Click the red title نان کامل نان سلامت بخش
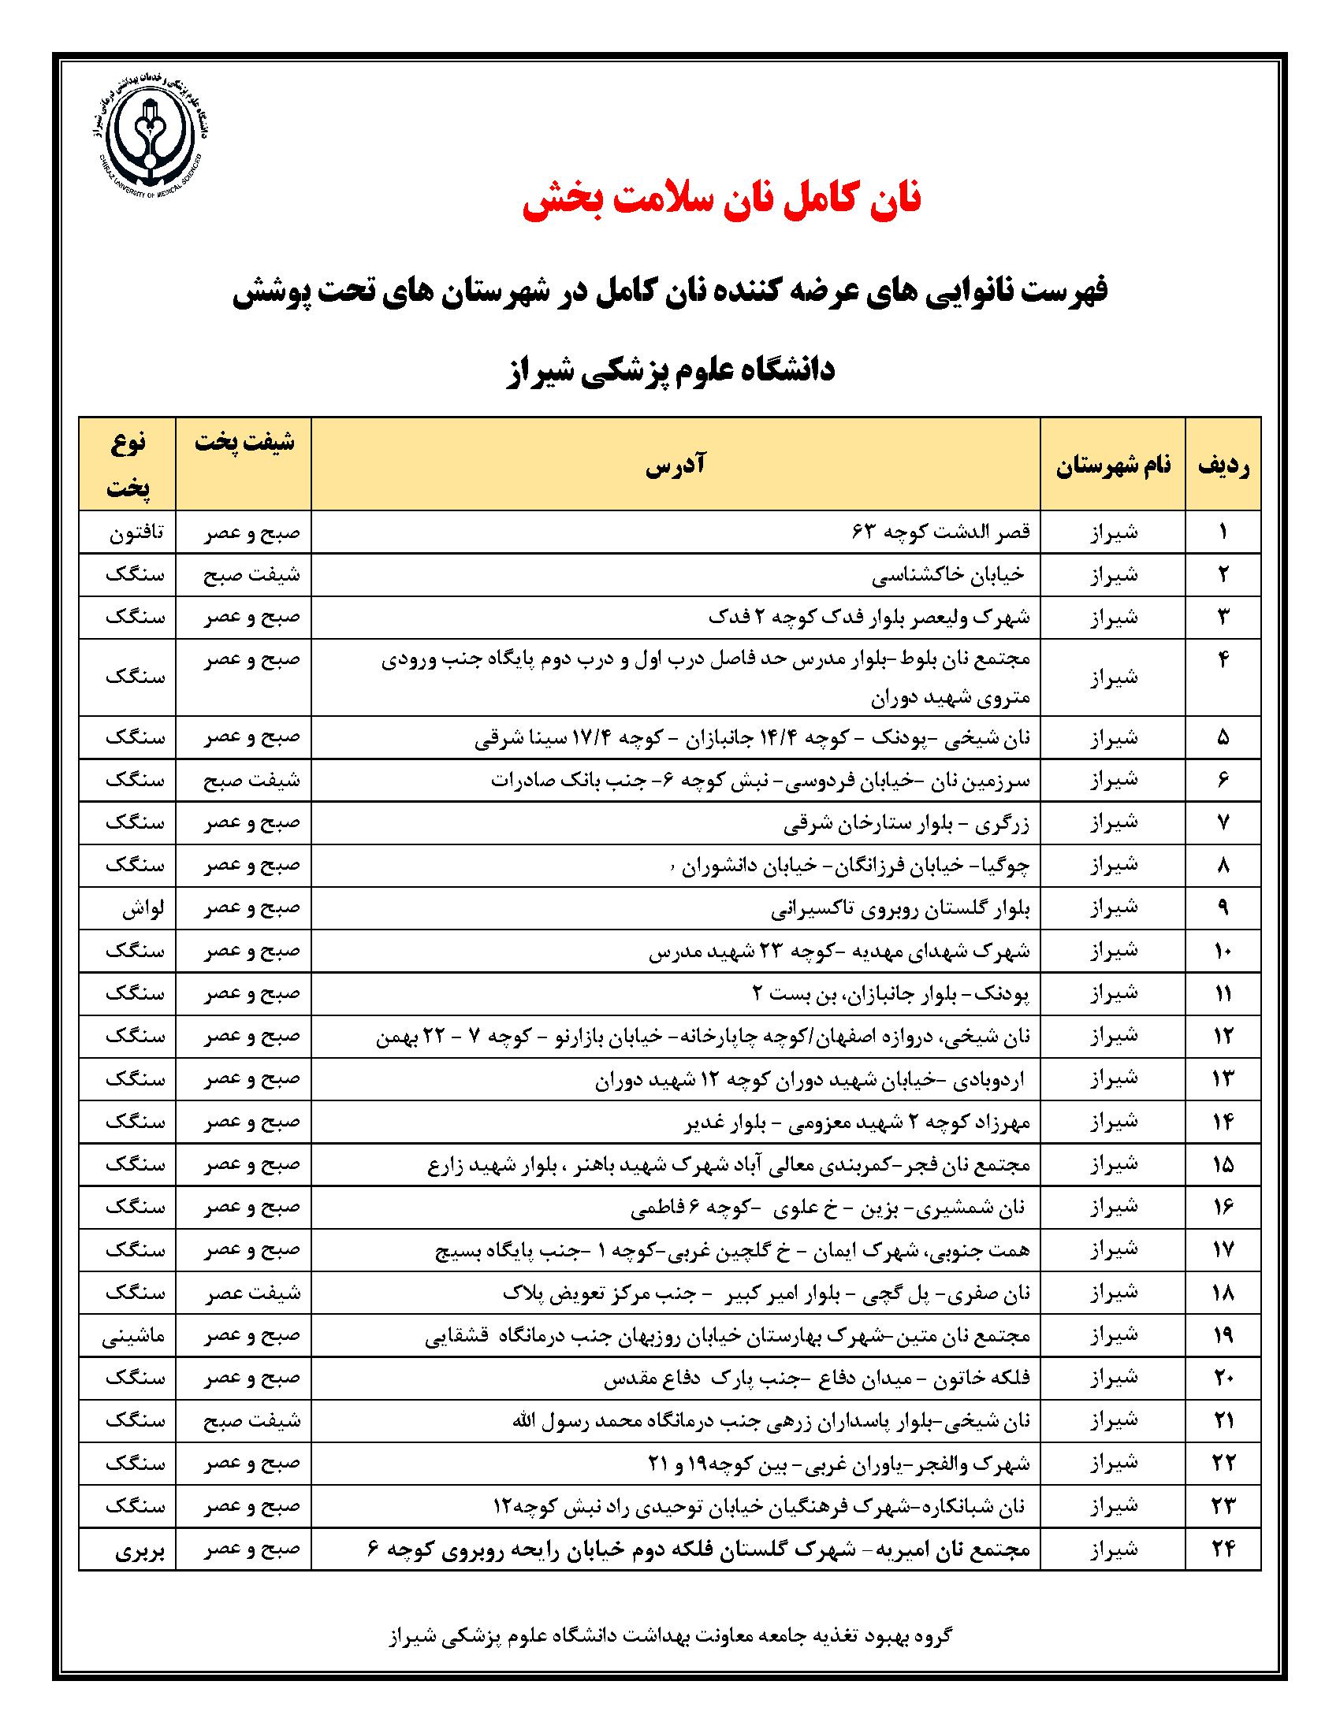pos(721,200)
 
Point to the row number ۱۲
pos(1223,1037)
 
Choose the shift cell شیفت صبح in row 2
pos(252,575)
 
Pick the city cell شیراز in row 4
pos(1113,677)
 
